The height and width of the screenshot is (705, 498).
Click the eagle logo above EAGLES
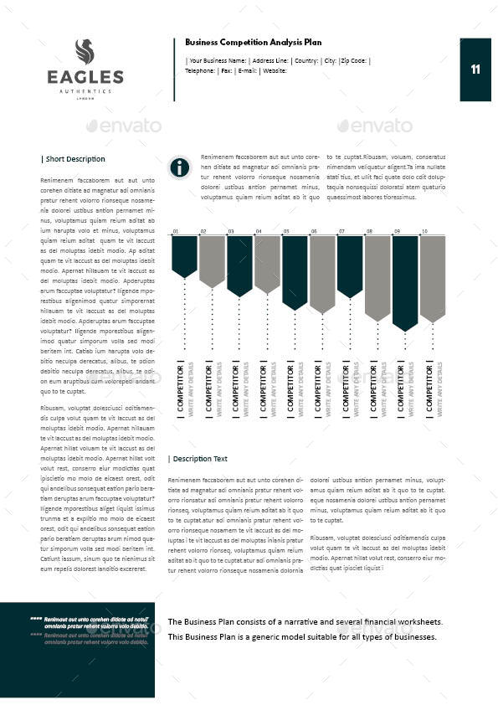tap(85, 52)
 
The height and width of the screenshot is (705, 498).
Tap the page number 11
tap(475, 69)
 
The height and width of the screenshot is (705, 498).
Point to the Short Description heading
tap(74, 159)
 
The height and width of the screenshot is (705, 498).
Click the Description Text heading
tap(198, 459)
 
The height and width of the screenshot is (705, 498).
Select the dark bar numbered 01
tap(184, 255)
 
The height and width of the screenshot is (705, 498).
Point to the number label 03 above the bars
tap(231, 231)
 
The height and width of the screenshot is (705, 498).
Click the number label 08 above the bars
tap(369, 231)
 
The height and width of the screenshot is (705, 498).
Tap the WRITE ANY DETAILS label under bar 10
tap(439, 390)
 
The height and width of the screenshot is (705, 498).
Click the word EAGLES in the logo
tap(85, 78)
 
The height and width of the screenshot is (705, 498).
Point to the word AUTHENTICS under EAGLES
tap(85, 90)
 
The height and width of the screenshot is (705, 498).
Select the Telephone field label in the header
tap(202, 71)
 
